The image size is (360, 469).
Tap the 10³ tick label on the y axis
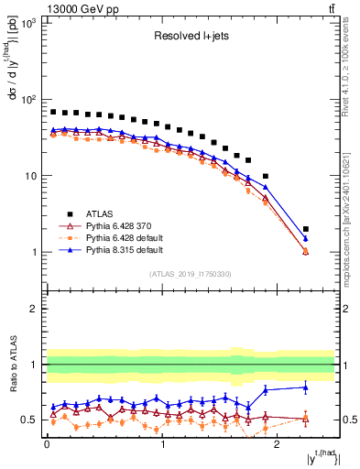tap(27, 22)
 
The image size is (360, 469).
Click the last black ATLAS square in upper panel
tap(306, 229)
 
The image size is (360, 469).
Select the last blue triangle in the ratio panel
tap(306, 387)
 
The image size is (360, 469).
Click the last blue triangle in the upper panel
tap(306, 238)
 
